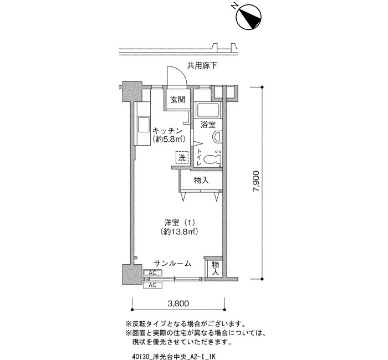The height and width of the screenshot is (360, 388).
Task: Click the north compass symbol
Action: pyautogui.click(x=249, y=17)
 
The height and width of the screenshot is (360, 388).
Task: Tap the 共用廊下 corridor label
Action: pyautogui.click(x=202, y=66)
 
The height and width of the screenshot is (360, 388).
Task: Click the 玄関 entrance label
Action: pyautogui.click(x=178, y=100)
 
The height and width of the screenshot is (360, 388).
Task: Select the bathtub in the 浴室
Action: pyautogui.click(x=207, y=110)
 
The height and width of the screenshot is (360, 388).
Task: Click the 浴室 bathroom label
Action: pyautogui.click(x=208, y=125)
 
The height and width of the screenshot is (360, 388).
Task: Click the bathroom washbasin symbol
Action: pyautogui.click(x=217, y=137)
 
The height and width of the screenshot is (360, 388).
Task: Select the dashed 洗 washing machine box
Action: pyautogui.click(x=182, y=157)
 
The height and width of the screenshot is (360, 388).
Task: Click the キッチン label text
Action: pyautogui.click(x=167, y=130)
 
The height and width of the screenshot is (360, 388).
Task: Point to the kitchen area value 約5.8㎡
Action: pyautogui.click(x=169, y=139)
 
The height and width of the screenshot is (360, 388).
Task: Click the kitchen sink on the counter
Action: pyautogui.click(x=143, y=125)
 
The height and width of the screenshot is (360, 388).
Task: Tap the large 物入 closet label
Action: pyautogui.click(x=201, y=180)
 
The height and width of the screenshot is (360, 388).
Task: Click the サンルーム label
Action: pyautogui.click(x=173, y=263)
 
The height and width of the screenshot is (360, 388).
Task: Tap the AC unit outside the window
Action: pyautogui.click(x=152, y=285)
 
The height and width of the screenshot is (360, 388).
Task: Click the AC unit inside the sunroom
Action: pyautogui.click(x=152, y=272)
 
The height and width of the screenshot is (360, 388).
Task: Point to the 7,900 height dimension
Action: pyautogui.click(x=256, y=181)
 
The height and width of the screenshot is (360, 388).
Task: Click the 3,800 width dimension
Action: pyautogui.click(x=178, y=303)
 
